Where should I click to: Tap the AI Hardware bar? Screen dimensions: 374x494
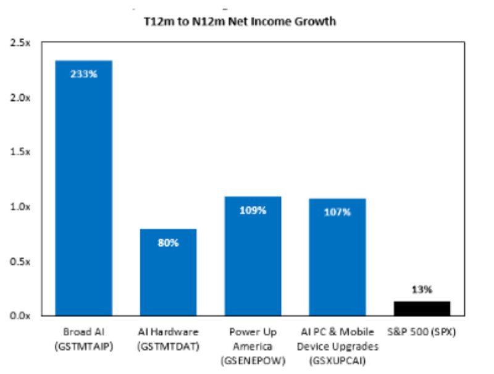pyautogui.click(x=168, y=272)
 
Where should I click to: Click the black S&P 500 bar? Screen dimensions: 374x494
pyautogui.click(x=422, y=308)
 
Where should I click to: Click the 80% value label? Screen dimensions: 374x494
pyautogui.click(x=168, y=243)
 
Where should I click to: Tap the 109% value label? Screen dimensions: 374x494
pyautogui.click(x=253, y=210)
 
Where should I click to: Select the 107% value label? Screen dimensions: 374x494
pyautogui.click(x=338, y=212)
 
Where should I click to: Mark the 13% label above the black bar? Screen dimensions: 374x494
pyautogui.click(x=422, y=289)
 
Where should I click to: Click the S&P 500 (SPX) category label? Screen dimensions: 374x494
pyautogui.click(x=422, y=333)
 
